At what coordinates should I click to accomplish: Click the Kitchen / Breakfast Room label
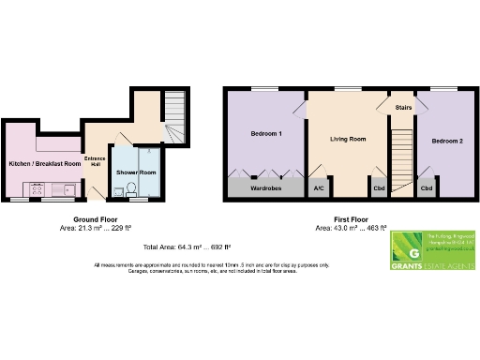pyautogui.click(x=44, y=164)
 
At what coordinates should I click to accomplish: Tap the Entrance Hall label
pyautogui.click(x=95, y=160)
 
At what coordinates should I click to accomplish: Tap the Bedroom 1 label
pyautogui.click(x=266, y=134)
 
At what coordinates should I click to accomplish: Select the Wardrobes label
pyautogui.click(x=266, y=186)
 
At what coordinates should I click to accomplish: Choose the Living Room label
pyautogui.click(x=347, y=140)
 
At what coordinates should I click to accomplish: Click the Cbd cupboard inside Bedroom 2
pyautogui.click(x=427, y=187)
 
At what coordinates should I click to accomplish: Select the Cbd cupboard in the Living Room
pyautogui.click(x=379, y=187)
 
